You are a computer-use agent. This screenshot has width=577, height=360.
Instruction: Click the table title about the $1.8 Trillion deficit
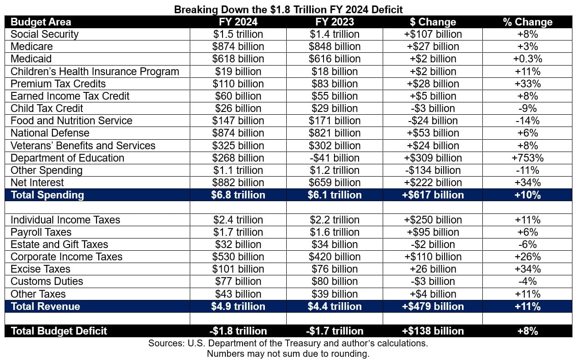coord(288,10)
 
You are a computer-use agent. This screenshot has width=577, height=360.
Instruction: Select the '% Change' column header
coord(527,22)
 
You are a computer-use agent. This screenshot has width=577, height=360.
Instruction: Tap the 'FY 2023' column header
coord(334,22)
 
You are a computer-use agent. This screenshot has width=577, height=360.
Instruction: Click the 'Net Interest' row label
coord(37,183)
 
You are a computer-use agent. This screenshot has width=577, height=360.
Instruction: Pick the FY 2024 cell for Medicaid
coord(238,59)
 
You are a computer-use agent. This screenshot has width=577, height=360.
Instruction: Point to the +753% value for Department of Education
coord(527,158)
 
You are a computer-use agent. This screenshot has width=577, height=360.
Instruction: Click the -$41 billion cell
coord(334,158)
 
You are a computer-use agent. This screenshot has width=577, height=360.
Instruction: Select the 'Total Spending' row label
coord(47,195)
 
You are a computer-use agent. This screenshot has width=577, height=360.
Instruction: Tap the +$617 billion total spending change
coord(433,195)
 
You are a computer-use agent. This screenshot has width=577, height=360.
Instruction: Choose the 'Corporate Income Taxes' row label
coord(66,257)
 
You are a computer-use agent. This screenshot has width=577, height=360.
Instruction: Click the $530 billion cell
coord(238,257)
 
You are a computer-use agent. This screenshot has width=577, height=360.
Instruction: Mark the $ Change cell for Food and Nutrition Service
coord(433,121)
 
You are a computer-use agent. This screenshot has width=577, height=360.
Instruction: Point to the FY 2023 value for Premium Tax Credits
coord(334,84)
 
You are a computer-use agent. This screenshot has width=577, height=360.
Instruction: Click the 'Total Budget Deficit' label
coord(59,331)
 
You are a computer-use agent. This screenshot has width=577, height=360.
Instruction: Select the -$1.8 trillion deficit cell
coord(238,331)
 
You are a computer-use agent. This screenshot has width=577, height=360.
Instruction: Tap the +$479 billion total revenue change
coord(433,306)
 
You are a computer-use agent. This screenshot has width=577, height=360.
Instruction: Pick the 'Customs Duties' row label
coord(47,281)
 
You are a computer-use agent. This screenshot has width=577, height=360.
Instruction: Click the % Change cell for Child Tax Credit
coord(527,108)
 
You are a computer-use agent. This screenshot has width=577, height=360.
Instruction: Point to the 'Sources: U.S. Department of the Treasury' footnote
coord(288,343)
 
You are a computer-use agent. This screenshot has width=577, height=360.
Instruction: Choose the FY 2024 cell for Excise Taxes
coord(238,269)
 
